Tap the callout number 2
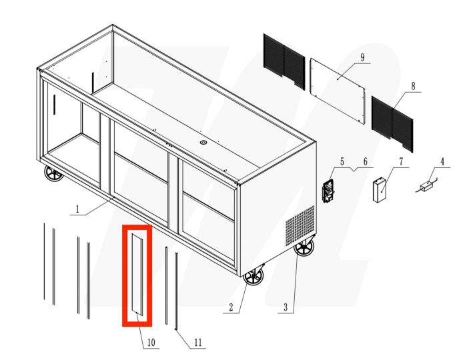click(231, 307)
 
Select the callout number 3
click(285, 307)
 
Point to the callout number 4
click(441, 161)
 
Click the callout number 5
click(342, 161)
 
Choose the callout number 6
click(365, 161)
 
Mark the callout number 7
click(401, 161)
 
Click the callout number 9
click(362, 57)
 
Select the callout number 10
click(151, 343)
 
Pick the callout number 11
click(197, 343)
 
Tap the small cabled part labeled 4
click(424, 187)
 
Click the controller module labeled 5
click(328, 190)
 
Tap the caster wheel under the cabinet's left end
click(53, 175)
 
